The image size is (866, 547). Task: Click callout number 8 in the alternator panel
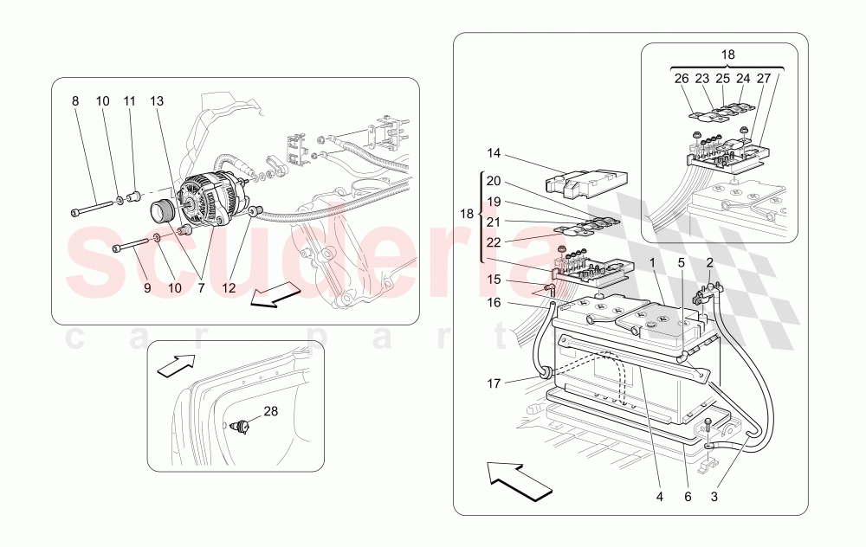[x=75, y=101]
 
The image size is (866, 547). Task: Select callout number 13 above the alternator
[x=157, y=101]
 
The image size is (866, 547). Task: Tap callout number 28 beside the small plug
[x=271, y=411]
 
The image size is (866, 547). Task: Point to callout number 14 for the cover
[x=494, y=153]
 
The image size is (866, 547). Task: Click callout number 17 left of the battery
[x=494, y=382]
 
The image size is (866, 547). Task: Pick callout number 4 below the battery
[x=659, y=497]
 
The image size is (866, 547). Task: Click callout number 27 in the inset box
[x=764, y=77]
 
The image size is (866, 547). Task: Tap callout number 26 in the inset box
[x=682, y=77]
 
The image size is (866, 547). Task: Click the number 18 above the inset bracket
[x=727, y=54]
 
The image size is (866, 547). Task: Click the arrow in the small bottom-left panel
[x=177, y=367]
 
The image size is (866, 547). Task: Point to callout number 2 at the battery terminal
[x=709, y=261]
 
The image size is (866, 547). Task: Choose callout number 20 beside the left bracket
[x=494, y=182]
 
